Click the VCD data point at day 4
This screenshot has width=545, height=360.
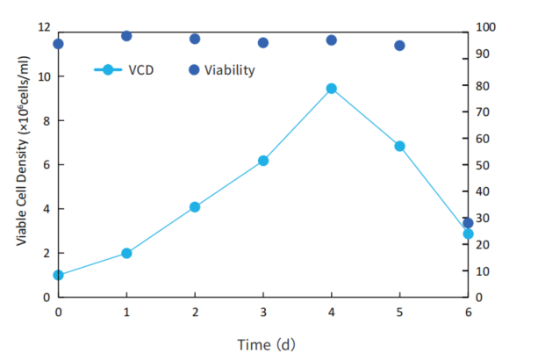pos(331,89)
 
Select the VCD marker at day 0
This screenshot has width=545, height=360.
pos(59,275)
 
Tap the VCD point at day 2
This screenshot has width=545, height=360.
pos(195,207)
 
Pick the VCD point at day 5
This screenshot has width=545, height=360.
pos(399,146)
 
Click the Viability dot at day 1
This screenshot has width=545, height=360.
pos(126,36)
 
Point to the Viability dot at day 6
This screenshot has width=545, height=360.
pos(468,223)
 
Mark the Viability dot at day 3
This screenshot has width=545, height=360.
pos(262,42)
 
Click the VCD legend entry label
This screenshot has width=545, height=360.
pos(140,70)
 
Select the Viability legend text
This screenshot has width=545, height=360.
pos(230,70)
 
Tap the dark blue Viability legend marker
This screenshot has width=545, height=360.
pos(194,70)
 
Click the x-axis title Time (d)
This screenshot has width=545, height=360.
pos(267,343)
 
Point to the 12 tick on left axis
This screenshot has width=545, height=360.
pos(44,27)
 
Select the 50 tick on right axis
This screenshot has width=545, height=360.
pos(482,165)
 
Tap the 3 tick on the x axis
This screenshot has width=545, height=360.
pos(262,313)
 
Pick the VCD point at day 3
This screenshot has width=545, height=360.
pos(262,161)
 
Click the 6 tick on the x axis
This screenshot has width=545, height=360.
pos(468,313)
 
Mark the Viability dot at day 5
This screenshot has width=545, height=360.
pos(399,46)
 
